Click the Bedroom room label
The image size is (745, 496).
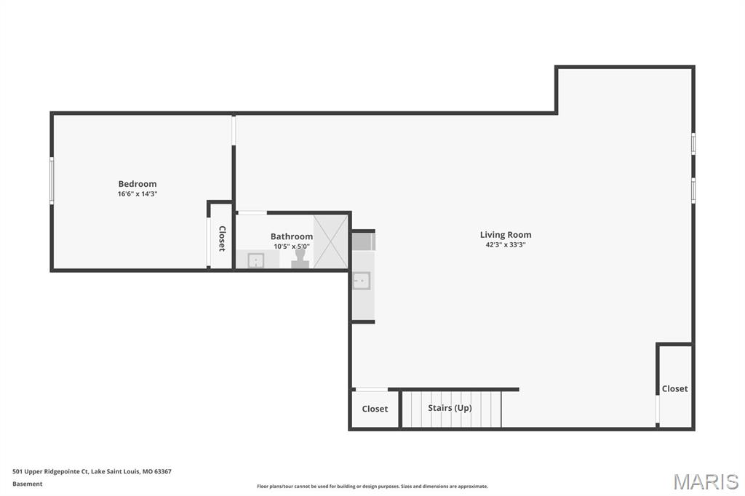click(138, 184)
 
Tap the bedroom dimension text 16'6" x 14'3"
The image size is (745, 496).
click(138, 194)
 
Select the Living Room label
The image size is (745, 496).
click(506, 235)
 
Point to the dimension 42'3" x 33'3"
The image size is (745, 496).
click(506, 245)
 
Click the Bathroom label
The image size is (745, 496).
click(292, 236)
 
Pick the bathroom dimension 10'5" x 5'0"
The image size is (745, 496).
click(292, 247)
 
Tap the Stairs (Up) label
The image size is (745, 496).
click(450, 408)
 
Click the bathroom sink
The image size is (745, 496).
click(255, 260)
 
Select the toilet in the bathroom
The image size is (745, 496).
click(300, 260)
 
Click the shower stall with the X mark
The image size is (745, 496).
click(331, 241)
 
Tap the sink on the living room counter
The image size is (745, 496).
click(362, 281)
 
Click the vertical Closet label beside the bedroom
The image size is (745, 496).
click(222, 239)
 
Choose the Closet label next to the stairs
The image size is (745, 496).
click(375, 409)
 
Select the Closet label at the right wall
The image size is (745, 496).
click(674, 389)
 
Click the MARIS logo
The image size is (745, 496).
click(706, 481)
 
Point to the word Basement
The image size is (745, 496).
click(28, 484)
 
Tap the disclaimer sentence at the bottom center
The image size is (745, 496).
click(372, 487)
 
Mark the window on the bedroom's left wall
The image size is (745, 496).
click(51, 180)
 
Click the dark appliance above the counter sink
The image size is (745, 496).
click(363, 241)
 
